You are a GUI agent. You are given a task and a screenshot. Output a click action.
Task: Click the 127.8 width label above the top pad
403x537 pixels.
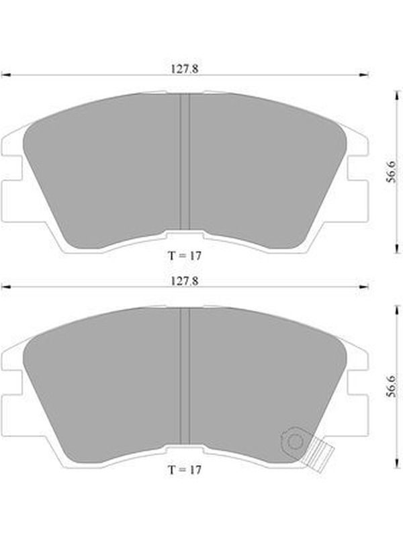185,69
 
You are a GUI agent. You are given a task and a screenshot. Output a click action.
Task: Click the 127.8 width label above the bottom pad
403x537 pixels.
185,281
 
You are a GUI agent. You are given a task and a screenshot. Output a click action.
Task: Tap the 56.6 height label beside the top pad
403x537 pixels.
391,171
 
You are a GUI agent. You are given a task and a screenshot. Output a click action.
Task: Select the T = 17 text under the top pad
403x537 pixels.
185,256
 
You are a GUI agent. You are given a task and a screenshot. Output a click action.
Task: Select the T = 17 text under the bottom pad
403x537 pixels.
185,470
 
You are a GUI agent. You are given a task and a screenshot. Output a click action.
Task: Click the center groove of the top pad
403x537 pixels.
185,162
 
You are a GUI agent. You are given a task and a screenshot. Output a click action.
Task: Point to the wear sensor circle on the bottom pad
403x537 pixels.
294,441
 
